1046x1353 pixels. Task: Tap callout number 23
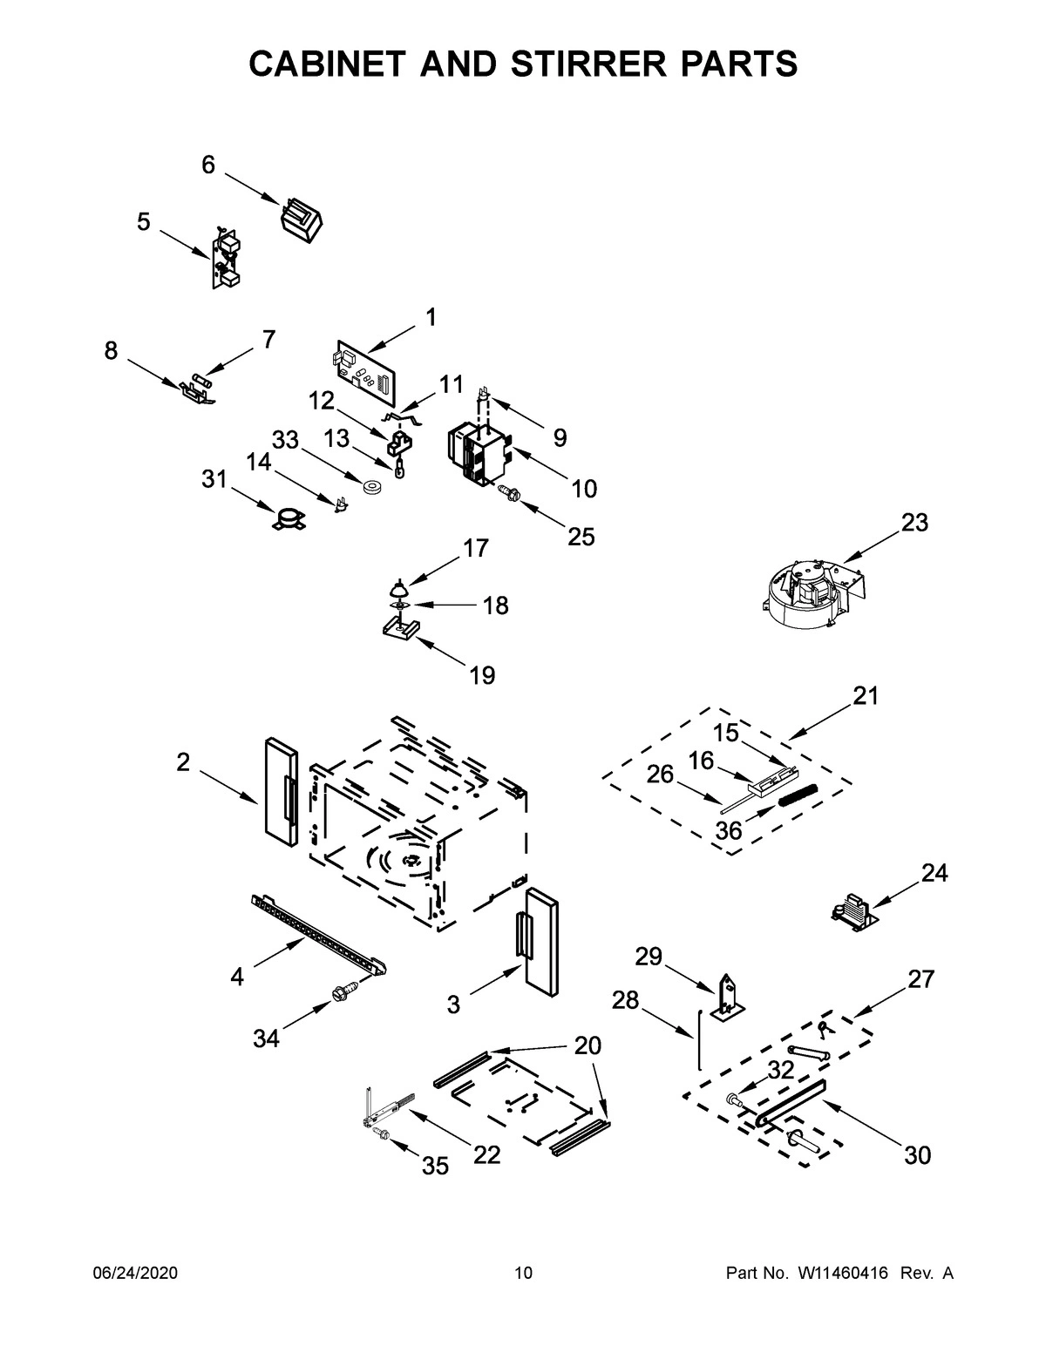coord(914,523)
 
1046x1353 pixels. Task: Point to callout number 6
coord(208,165)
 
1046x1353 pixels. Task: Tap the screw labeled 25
coord(508,494)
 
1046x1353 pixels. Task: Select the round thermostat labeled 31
coord(286,521)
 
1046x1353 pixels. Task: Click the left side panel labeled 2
coord(280,790)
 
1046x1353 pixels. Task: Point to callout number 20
coord(588,1045)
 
